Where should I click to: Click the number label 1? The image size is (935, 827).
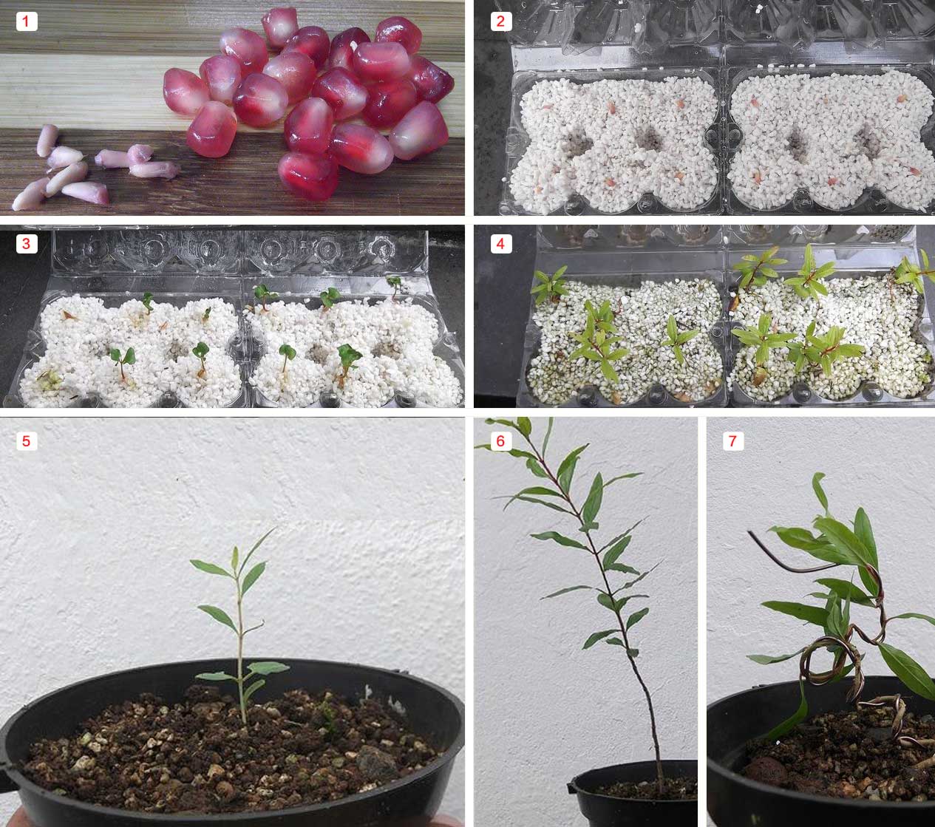[27, 21]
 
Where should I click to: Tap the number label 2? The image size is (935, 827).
[500, 21]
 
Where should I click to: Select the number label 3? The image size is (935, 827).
[27, 244]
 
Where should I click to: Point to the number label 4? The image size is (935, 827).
[500, 244]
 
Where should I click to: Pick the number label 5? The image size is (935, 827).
[27, 441]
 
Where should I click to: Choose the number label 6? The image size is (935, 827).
[500, 441]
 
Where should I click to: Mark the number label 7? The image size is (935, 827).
[733, 441]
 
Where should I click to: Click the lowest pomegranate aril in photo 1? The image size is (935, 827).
[308, 177]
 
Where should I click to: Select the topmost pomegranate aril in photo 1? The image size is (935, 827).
[280, 27]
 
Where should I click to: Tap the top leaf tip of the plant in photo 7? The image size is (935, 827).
[815, 475]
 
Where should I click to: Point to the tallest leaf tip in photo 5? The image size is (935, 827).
[275, 529]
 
